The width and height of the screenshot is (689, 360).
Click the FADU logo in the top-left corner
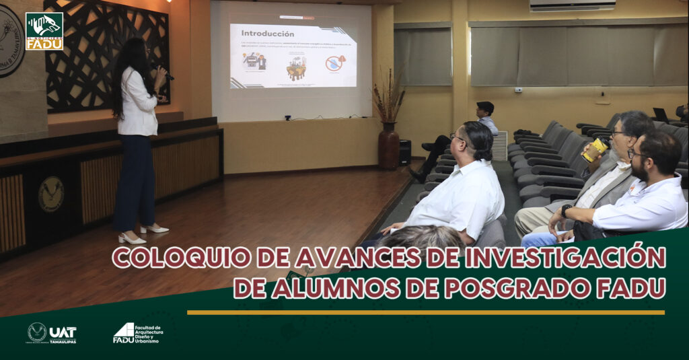(44, 31)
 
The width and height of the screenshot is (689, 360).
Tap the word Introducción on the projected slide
(267, 34)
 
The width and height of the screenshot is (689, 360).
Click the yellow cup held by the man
(595, 149)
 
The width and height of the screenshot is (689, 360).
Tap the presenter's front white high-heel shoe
(131, 238)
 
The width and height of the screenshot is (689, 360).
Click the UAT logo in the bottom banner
(52, 332)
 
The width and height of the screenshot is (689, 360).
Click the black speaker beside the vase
(405, 152)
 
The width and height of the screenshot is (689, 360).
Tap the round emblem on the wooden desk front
(50, 194)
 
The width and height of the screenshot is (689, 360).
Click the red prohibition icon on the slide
(334, 63)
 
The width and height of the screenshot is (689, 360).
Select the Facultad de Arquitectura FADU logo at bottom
(138, 332)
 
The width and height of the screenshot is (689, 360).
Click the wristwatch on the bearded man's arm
(567, 211)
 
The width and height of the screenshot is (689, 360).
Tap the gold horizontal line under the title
(425, 312)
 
